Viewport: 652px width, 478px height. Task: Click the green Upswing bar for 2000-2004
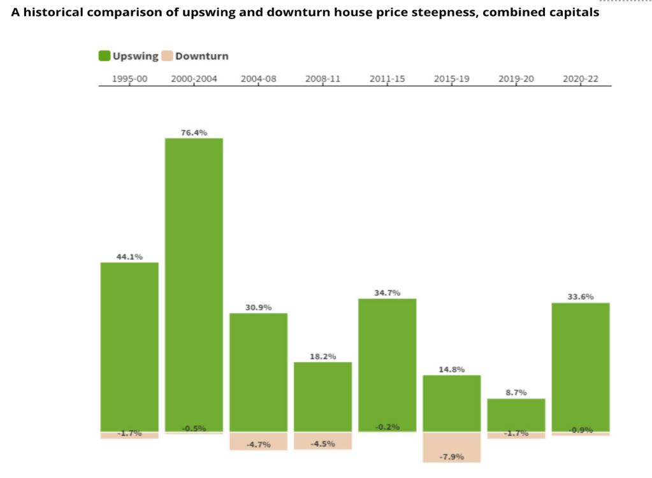[194, 284]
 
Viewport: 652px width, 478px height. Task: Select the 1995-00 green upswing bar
[129, 347]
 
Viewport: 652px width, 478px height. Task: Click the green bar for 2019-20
[516, 415]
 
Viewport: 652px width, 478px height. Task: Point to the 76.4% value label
[194, 132]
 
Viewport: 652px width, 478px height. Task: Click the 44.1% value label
[129, 257]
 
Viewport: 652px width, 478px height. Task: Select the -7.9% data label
[452, 457]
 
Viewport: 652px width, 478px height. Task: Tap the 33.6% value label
[581, 296]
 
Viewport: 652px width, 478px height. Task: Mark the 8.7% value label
[516, 393]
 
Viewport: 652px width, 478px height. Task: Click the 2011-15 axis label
[387, 79]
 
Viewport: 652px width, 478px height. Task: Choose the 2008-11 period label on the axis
[322, 79]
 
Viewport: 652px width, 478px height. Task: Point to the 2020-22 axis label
[581, 79]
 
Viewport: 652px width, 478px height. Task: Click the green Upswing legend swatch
[105, 56]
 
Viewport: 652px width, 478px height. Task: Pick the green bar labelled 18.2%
[322, 396]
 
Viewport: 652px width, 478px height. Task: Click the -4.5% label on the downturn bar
[323, 444]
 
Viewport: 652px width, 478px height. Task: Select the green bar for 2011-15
[387, 365]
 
